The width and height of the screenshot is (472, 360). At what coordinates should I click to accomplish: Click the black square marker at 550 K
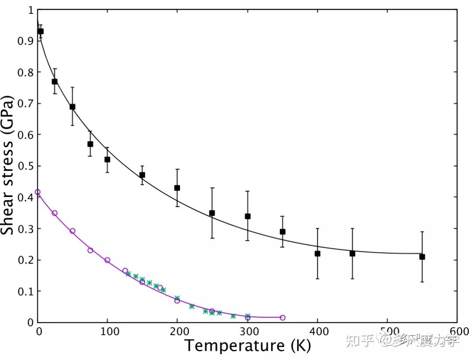422,257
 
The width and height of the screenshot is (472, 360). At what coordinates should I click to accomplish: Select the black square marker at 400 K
317,254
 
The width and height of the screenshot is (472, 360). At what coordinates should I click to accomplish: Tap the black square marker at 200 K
177,188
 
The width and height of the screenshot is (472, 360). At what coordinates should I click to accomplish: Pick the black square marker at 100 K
107,159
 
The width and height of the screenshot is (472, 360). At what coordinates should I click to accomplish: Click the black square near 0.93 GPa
41,31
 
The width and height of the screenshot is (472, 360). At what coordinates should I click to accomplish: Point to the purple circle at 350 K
282,318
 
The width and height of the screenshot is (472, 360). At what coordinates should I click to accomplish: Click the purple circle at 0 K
38,192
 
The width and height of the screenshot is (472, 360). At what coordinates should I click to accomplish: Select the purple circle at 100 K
107,260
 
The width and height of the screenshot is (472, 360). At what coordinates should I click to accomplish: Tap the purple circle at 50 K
72,231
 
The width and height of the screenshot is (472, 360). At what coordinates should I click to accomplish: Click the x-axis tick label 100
110,332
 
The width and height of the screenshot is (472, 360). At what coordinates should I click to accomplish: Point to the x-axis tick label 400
319,332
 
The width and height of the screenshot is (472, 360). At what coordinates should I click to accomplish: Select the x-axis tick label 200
180,332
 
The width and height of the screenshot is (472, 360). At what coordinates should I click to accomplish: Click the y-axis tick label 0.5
26,166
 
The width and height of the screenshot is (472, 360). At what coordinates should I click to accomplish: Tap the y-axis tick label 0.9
26,41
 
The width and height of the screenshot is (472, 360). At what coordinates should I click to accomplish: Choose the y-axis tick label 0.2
26,260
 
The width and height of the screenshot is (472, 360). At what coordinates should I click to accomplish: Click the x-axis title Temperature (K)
247,345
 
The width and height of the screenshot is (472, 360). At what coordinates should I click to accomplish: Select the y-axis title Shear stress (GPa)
7,165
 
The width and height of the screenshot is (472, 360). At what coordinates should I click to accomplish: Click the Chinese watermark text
403,340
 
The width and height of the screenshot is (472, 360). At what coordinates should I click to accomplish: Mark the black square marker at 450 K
352,254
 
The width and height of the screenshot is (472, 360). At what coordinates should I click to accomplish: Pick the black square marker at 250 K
212,213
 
